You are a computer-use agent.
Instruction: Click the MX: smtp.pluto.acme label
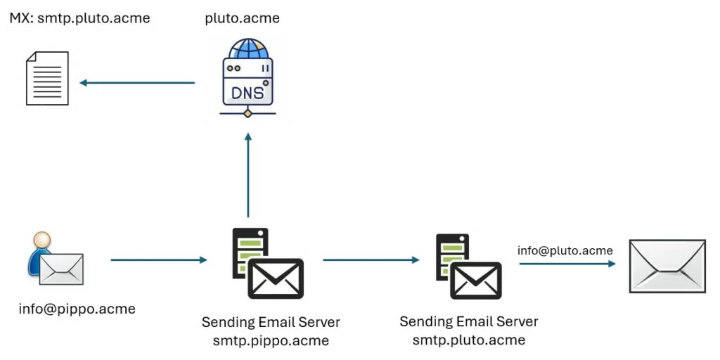[79, 18]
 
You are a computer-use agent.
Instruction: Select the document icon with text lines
[47, 78]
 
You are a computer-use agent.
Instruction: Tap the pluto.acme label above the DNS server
[242, 18]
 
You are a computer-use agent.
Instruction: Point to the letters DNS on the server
[247, 91]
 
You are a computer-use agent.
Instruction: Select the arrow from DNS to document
[137, 83]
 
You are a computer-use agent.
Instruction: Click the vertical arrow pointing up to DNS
[247, 176]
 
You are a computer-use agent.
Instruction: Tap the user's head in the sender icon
[42, 241]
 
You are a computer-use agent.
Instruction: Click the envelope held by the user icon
[61, 268]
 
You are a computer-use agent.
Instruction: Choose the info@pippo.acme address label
[77, 309]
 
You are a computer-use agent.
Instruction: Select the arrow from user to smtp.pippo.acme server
[159, 260]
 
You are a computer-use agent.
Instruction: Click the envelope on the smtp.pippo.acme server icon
[276, 278]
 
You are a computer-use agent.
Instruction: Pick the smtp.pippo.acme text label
[271, 341]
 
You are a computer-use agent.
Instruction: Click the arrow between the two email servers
[371, 260]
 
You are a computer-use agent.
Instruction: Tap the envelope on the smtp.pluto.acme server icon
[476, 280]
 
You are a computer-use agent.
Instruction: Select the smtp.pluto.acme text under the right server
[468, 340]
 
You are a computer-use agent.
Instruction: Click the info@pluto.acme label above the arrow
[565, 250]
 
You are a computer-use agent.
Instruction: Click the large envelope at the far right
[667, 266]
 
